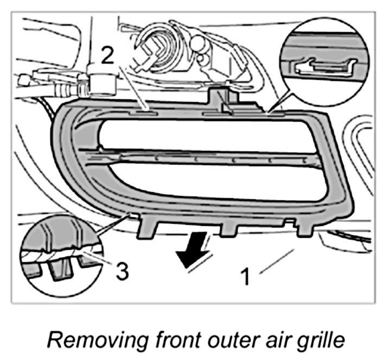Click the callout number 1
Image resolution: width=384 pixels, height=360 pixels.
pos(245,276)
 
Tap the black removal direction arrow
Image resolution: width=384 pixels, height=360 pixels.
pos(195,250)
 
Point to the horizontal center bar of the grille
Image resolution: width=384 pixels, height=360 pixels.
pos(206,157)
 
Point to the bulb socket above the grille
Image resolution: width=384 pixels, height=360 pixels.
pos(163,46)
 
